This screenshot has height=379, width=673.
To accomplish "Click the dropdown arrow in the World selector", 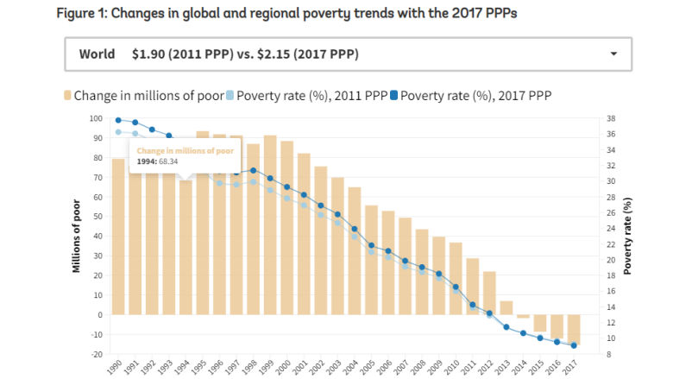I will (613, 54).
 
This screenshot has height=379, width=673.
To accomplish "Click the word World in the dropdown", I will (97, 54).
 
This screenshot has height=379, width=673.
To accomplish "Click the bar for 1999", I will (269, 224).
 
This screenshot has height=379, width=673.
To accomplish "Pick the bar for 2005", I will (371, 259).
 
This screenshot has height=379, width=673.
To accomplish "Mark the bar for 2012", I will (489, 293).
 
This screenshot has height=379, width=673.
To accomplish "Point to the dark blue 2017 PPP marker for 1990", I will (118, 120).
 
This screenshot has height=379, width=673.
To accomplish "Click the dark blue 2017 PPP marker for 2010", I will (456, 287).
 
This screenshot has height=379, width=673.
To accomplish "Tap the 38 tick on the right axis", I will (610, 118).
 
